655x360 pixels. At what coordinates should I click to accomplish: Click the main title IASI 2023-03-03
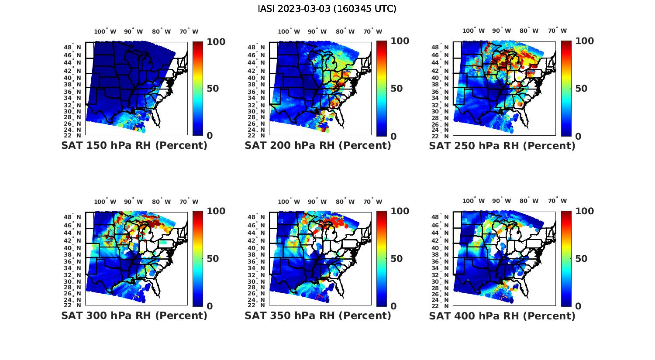coord(327,9)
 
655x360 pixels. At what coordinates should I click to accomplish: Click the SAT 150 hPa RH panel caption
coord(134,146)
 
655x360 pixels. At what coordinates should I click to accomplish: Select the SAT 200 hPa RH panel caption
coord(318,146)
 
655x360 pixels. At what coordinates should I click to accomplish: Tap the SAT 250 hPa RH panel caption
coord(502,146)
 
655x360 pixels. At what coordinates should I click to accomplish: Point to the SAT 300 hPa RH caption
coord(134,315)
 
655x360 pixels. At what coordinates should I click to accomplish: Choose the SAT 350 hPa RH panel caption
coord(318,315)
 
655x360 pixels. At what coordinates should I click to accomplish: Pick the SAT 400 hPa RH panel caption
coord(502,315)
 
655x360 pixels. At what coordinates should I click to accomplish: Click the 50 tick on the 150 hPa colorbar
coord(213,89)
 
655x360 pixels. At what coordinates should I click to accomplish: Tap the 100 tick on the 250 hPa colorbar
coord(585,41)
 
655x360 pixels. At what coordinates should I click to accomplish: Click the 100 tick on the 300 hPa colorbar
coord(216,211)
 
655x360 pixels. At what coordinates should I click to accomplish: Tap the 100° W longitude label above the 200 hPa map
coord(289,31)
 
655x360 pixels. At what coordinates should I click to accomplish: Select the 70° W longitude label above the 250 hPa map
coord(557,31)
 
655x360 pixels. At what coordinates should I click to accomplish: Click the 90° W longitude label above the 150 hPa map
coord(133,31)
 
